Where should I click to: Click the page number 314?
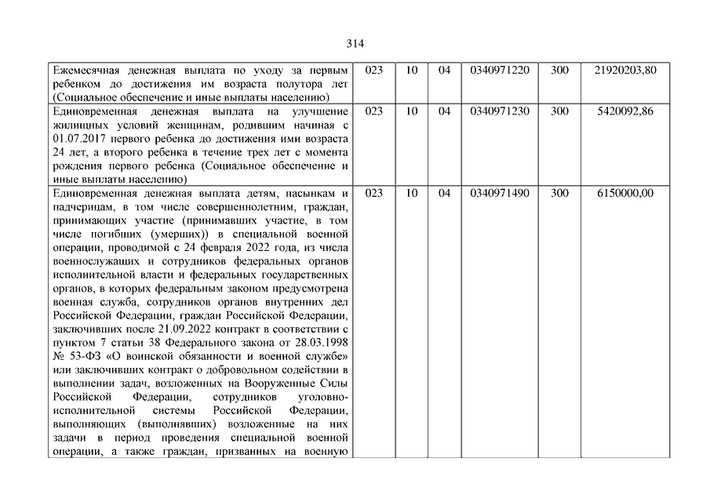pyautogui.click(x=355, y=43)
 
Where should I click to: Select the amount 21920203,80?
pyautogui.click(x=626, y=70)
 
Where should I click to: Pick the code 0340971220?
pyautogui.click(x=500, y=70)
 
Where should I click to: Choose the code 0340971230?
pyautogui.click(x=500, y=111)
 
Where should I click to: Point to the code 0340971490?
pyautogui.click(x=500, y=193)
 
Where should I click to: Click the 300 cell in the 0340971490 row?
pyautogui.click(x=559, y=193)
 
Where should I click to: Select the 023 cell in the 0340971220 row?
pyautogui.click(x=374, y=70)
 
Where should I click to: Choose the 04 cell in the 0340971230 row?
pyautogui.click(x=444, y=111)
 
